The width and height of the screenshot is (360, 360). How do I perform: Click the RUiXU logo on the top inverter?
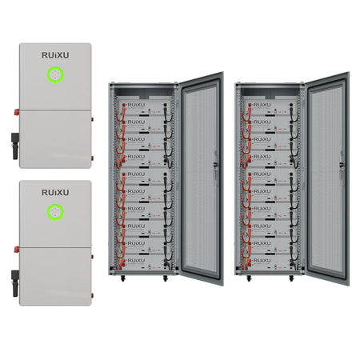click(x=54, y=56)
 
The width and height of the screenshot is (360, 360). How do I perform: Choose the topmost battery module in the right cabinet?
click(x=271, y=106)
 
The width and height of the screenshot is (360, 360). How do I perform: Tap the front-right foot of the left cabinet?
click(x=165, y=278)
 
